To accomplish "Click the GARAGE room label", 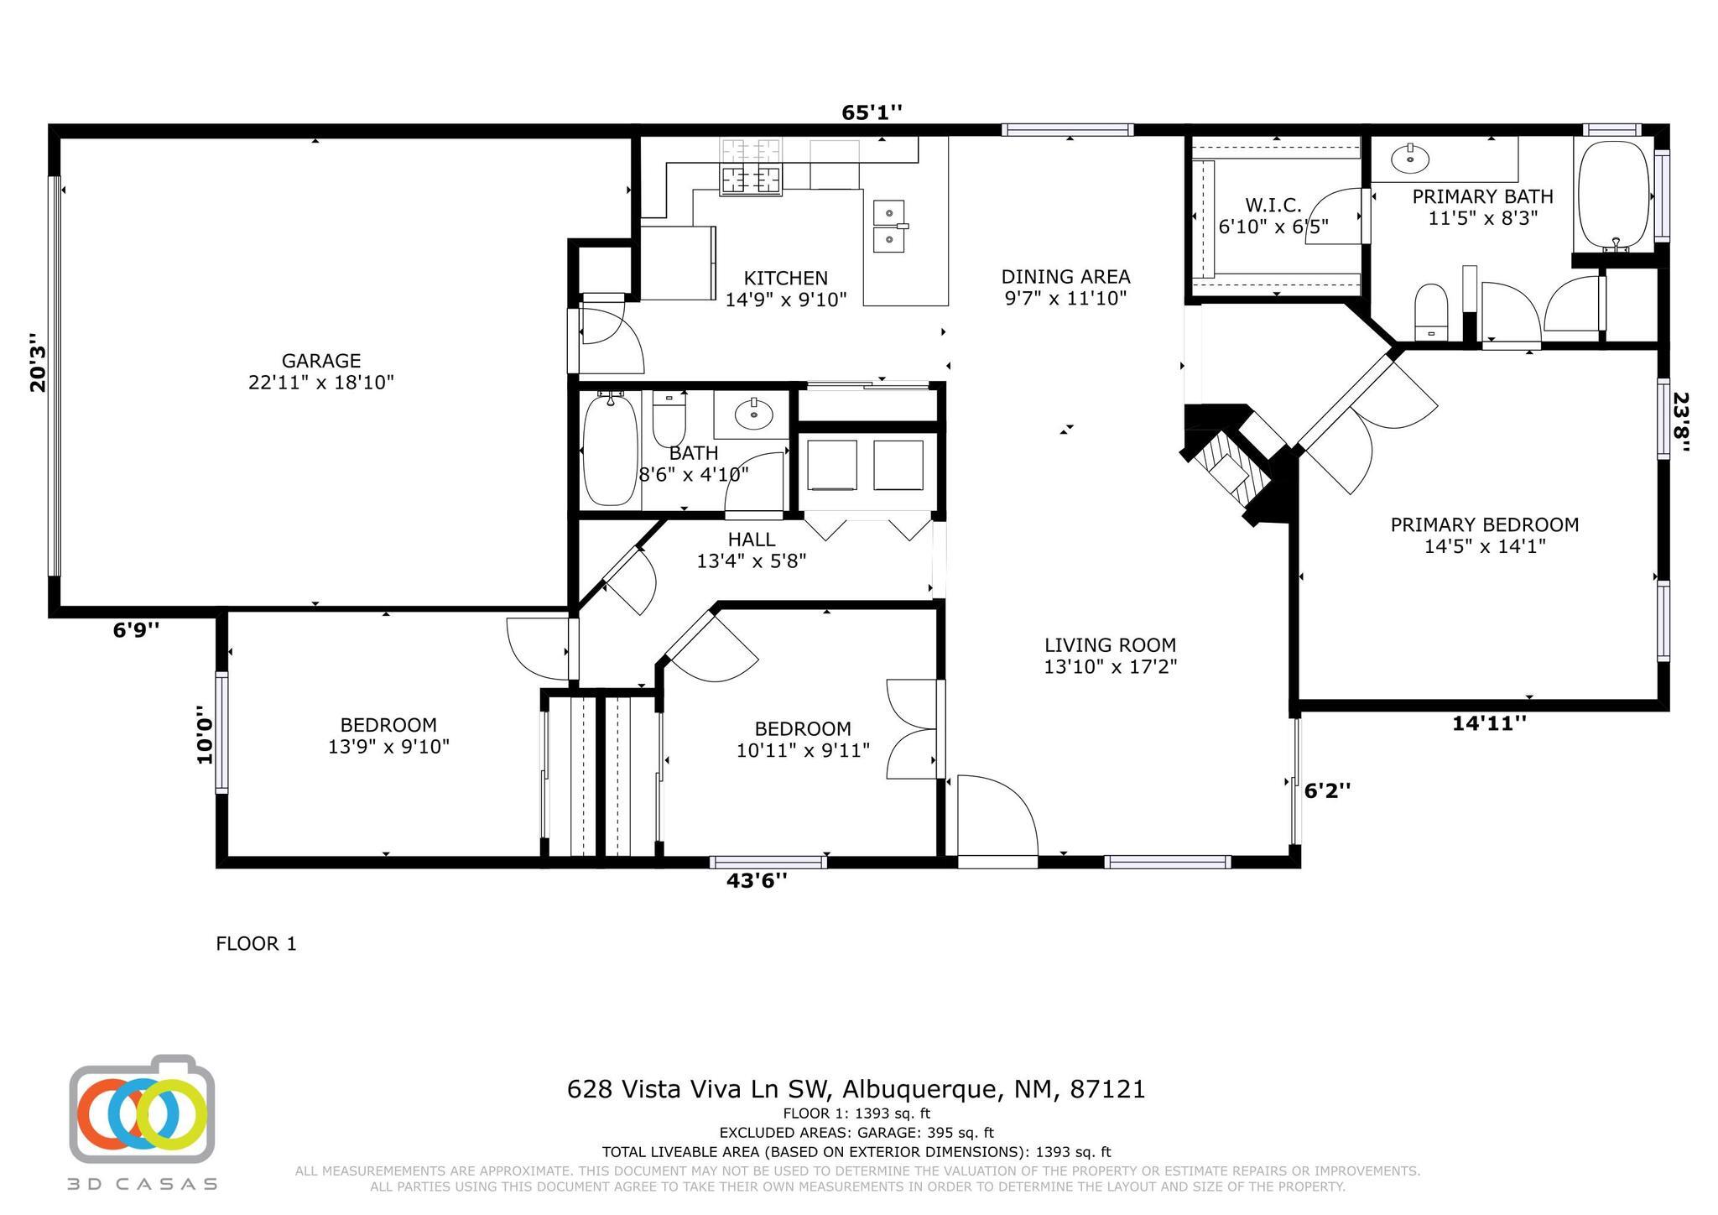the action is pos(321,361).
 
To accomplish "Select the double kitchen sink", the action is pos(889,226).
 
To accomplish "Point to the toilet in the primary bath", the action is pos(1431,311).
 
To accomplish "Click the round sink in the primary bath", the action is pos(1409,157).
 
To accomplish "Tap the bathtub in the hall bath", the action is pos(610,448).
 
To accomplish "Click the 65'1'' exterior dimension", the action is pos(872,112).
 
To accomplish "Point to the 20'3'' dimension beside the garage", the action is pos(38,362).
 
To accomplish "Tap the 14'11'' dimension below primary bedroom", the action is pos(1489,722).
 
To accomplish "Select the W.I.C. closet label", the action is pos(1273,205).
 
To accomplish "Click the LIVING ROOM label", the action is pos(1110,645).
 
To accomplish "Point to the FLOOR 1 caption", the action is pos(256,944).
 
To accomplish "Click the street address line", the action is pos(856,1089).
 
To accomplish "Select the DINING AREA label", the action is pos(1065,276).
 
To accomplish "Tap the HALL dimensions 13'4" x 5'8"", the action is pos(752,561).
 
